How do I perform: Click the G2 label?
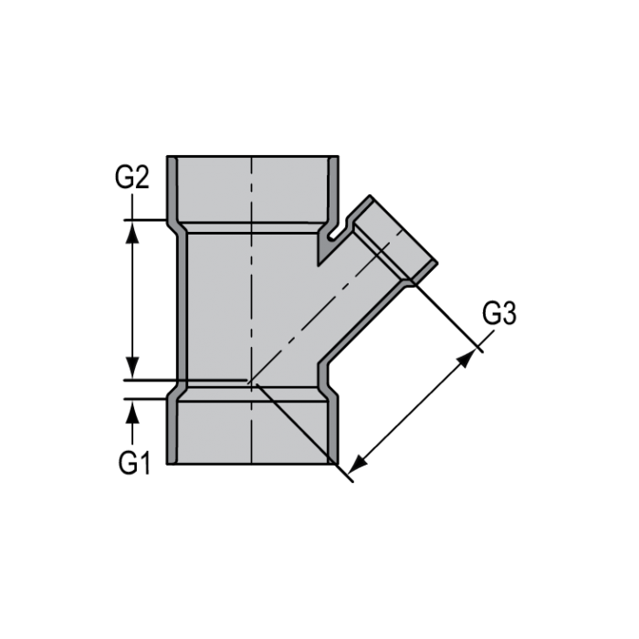(132, 176)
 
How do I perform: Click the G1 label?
(133, 463)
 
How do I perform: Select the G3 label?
(499, 314)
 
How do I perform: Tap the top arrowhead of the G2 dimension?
(133, 231)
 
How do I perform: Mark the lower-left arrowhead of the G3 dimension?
(359, 463)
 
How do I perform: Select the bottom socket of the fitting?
(251, 429)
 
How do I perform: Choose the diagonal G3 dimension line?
(413, 410)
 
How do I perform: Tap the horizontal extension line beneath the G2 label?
(146, 220)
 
